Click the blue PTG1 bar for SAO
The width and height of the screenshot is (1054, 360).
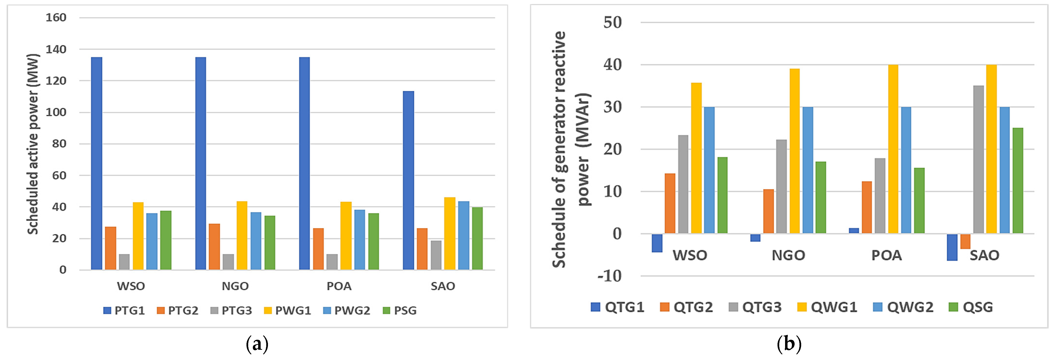tap(408, 180)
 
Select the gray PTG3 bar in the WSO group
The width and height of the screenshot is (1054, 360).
tap(124, 262)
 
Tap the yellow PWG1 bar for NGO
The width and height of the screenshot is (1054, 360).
tap(242, 235)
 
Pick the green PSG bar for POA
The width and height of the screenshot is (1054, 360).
tap(373, 241)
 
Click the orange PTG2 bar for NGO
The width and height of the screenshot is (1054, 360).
tap(215, 246)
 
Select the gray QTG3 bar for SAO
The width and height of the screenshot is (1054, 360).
tap(978, 160)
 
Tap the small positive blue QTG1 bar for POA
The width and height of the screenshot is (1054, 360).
tap(854, 231)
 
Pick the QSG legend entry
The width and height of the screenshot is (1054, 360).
tap(971, 307)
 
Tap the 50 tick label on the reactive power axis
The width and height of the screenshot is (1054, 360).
tap(613, 22)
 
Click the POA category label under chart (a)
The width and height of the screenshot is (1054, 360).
tap(339, 286)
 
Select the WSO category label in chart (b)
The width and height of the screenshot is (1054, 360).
tap(690, 255)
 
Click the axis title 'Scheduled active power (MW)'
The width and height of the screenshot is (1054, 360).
tap(33, 144)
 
